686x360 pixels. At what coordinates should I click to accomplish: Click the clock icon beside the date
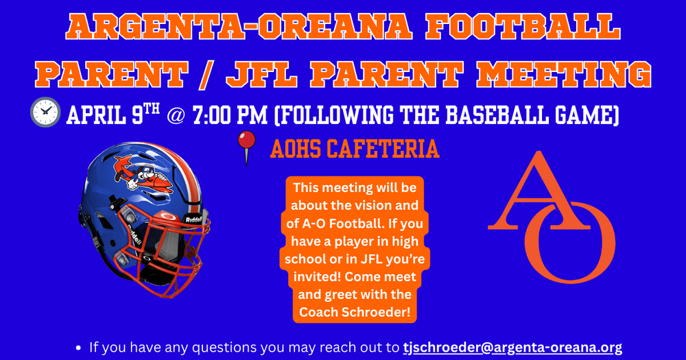[45, 112]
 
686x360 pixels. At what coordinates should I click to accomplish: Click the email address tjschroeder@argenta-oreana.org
[512, 347]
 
